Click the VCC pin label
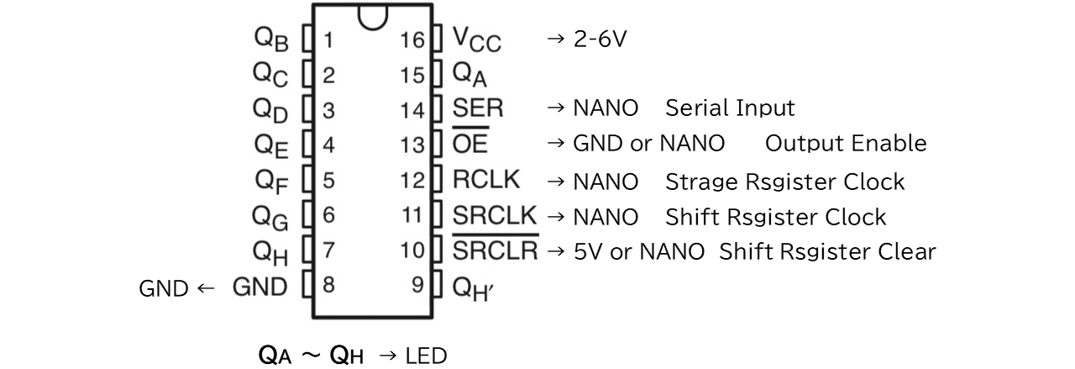pos(476,39)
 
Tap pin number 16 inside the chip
pos(412,40)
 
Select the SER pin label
pos(478,108)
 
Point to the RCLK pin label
pos(486,180)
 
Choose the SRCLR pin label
pos(496,248)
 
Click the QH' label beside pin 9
pos(473,289)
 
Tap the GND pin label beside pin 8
pos(260,287)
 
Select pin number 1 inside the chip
pos(328,40)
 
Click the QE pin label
pos(271,146)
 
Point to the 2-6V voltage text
pos(600,39)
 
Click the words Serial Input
pos(730,108)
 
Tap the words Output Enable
pos(846,143)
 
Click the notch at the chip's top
pos(372,19)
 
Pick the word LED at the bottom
pos(426,356)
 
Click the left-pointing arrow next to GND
pos(206,288)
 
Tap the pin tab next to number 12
pos(438,179)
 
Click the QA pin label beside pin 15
pos(469,75)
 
